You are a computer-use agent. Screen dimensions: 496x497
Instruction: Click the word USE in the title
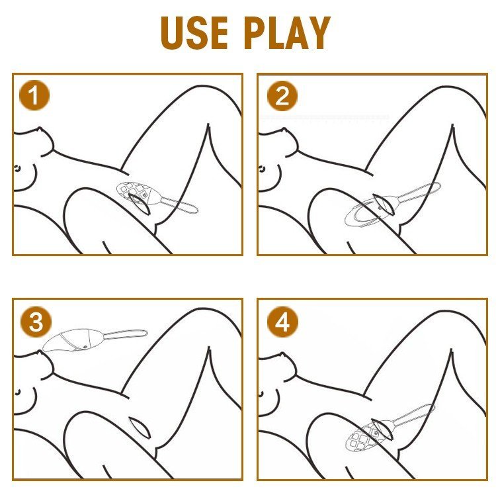(194, 33)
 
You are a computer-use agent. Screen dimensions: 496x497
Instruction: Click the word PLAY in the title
(287, 33)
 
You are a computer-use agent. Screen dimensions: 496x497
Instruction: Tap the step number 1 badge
(34, 96)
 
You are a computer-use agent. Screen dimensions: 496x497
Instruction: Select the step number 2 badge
(282, 96)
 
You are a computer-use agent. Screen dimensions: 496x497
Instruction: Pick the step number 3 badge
(36, 322)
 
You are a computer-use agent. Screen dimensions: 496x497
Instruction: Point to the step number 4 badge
(282, 322)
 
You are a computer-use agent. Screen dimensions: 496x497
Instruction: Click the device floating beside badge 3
(95, 339)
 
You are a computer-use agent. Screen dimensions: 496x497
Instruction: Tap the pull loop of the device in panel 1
(181, 205)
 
